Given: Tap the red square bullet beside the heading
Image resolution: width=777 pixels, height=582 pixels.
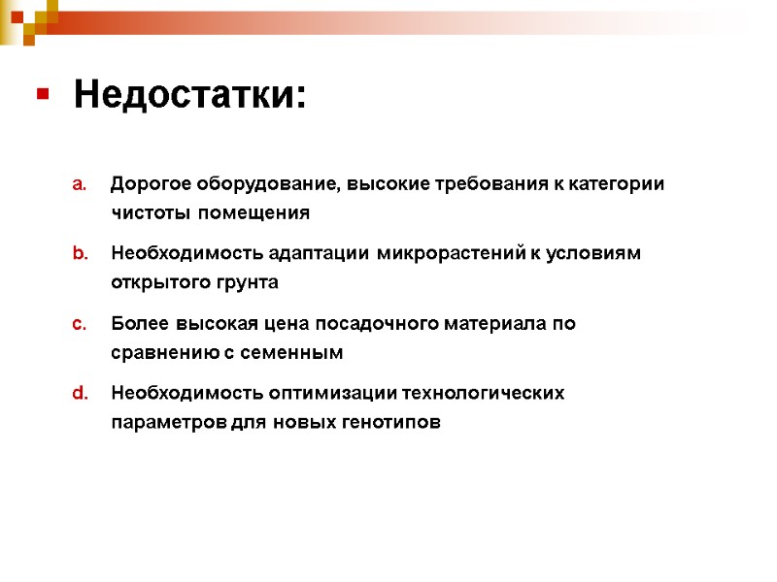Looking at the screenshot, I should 43,95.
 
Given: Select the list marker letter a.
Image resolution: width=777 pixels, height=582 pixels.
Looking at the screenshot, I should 81,184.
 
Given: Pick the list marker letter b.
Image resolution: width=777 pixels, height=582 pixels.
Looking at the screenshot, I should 81,254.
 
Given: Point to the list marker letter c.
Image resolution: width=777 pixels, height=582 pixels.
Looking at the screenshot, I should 81,324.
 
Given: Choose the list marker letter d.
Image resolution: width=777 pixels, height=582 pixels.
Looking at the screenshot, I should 81,394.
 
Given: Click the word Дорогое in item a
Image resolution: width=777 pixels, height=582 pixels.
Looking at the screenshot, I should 152,184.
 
